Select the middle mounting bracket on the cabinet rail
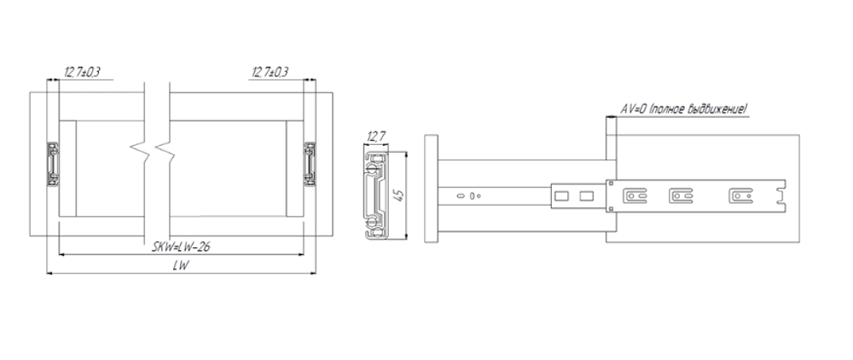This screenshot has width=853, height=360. click(680, 197)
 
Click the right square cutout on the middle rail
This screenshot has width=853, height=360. click(586, 197)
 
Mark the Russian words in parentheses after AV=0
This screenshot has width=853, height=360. click(698, 109)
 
